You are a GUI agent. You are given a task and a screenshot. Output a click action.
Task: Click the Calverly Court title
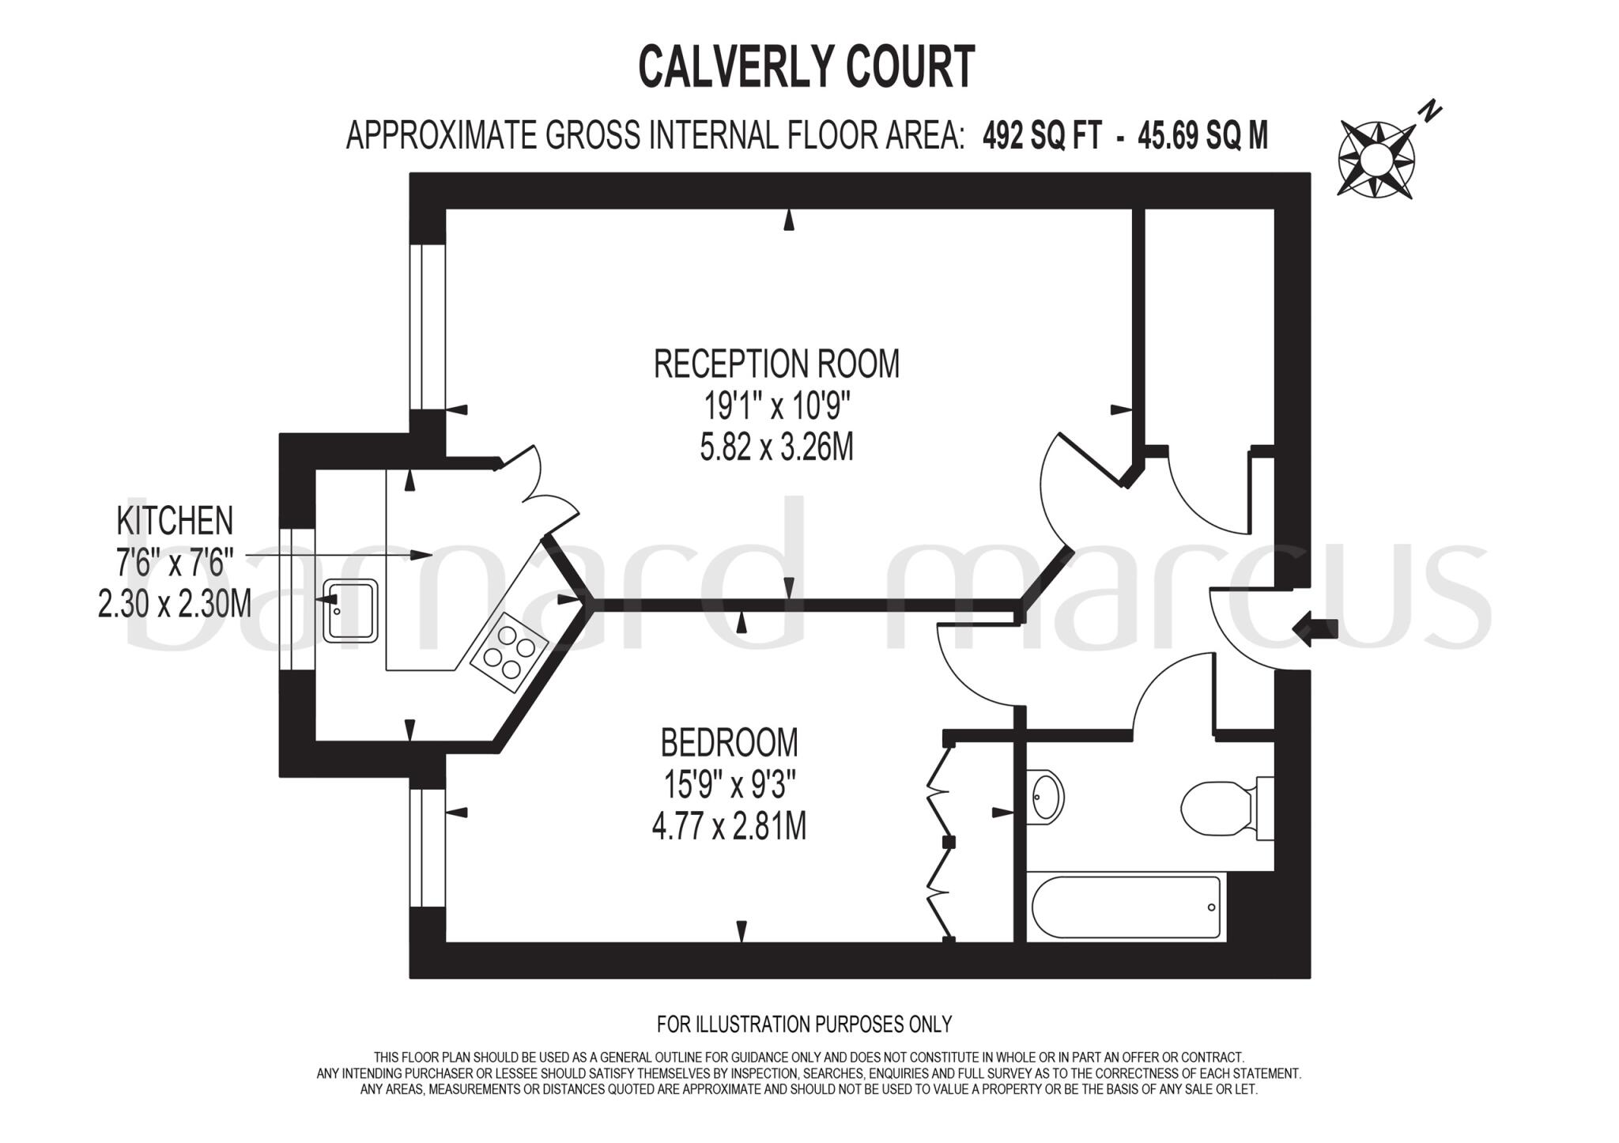point(806,66)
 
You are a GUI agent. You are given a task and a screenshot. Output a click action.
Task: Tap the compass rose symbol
point(1376,159)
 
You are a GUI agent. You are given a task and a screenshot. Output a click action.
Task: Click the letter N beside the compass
point(1429,113)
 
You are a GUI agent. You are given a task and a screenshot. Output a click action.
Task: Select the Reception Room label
point(776,364)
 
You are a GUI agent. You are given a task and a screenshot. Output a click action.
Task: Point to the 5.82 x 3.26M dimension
point(776,448)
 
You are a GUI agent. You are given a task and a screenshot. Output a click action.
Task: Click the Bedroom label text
point(729,743)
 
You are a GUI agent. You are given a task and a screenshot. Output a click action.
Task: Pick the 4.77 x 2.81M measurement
point(729,828)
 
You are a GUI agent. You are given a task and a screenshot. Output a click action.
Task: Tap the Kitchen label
point(175,521)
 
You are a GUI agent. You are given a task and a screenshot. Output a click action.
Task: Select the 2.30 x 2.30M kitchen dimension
point(175,605)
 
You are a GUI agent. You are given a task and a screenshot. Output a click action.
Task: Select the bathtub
point(1126,907)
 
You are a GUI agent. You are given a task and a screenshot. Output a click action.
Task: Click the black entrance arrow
point(1314,628)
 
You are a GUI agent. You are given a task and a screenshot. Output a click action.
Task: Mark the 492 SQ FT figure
point(1042,137)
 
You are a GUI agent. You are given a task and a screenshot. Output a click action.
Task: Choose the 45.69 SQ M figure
point(1202,137)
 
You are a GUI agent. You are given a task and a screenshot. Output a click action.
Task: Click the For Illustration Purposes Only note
point(804,1024)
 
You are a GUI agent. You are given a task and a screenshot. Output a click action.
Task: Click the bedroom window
point(428,847)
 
